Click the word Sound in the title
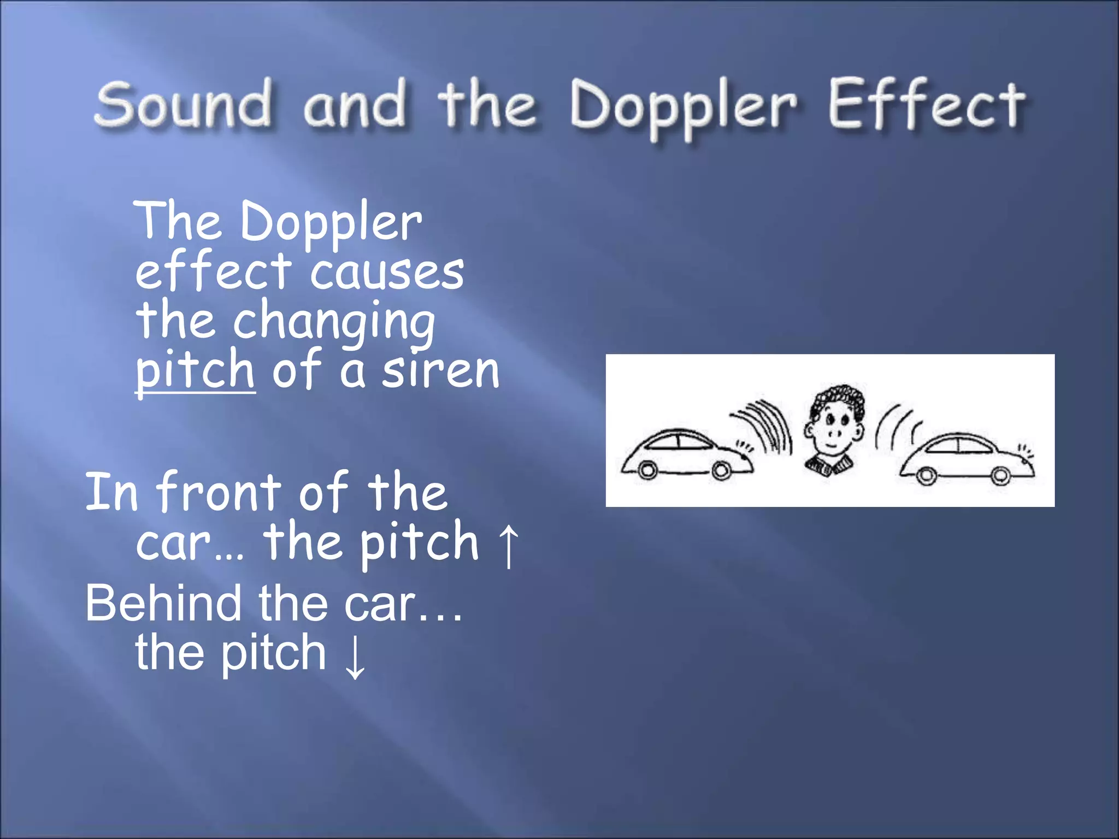point(182,104)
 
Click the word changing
point(334,322)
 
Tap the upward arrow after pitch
point(509,545)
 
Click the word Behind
point(163,604)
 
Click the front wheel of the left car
point(721,470)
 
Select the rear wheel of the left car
point(647,470)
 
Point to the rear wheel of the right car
point(926,475)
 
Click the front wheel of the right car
point(1000,475)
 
